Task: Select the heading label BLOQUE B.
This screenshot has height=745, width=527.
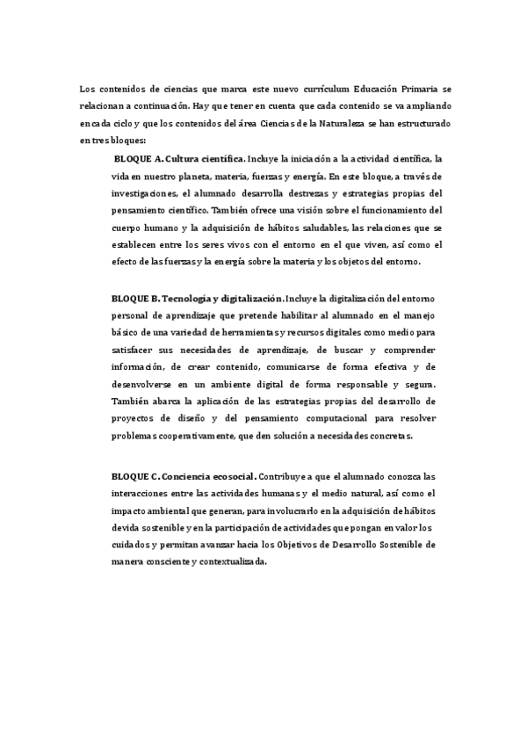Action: pyautogui.click(x=135, y=299)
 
